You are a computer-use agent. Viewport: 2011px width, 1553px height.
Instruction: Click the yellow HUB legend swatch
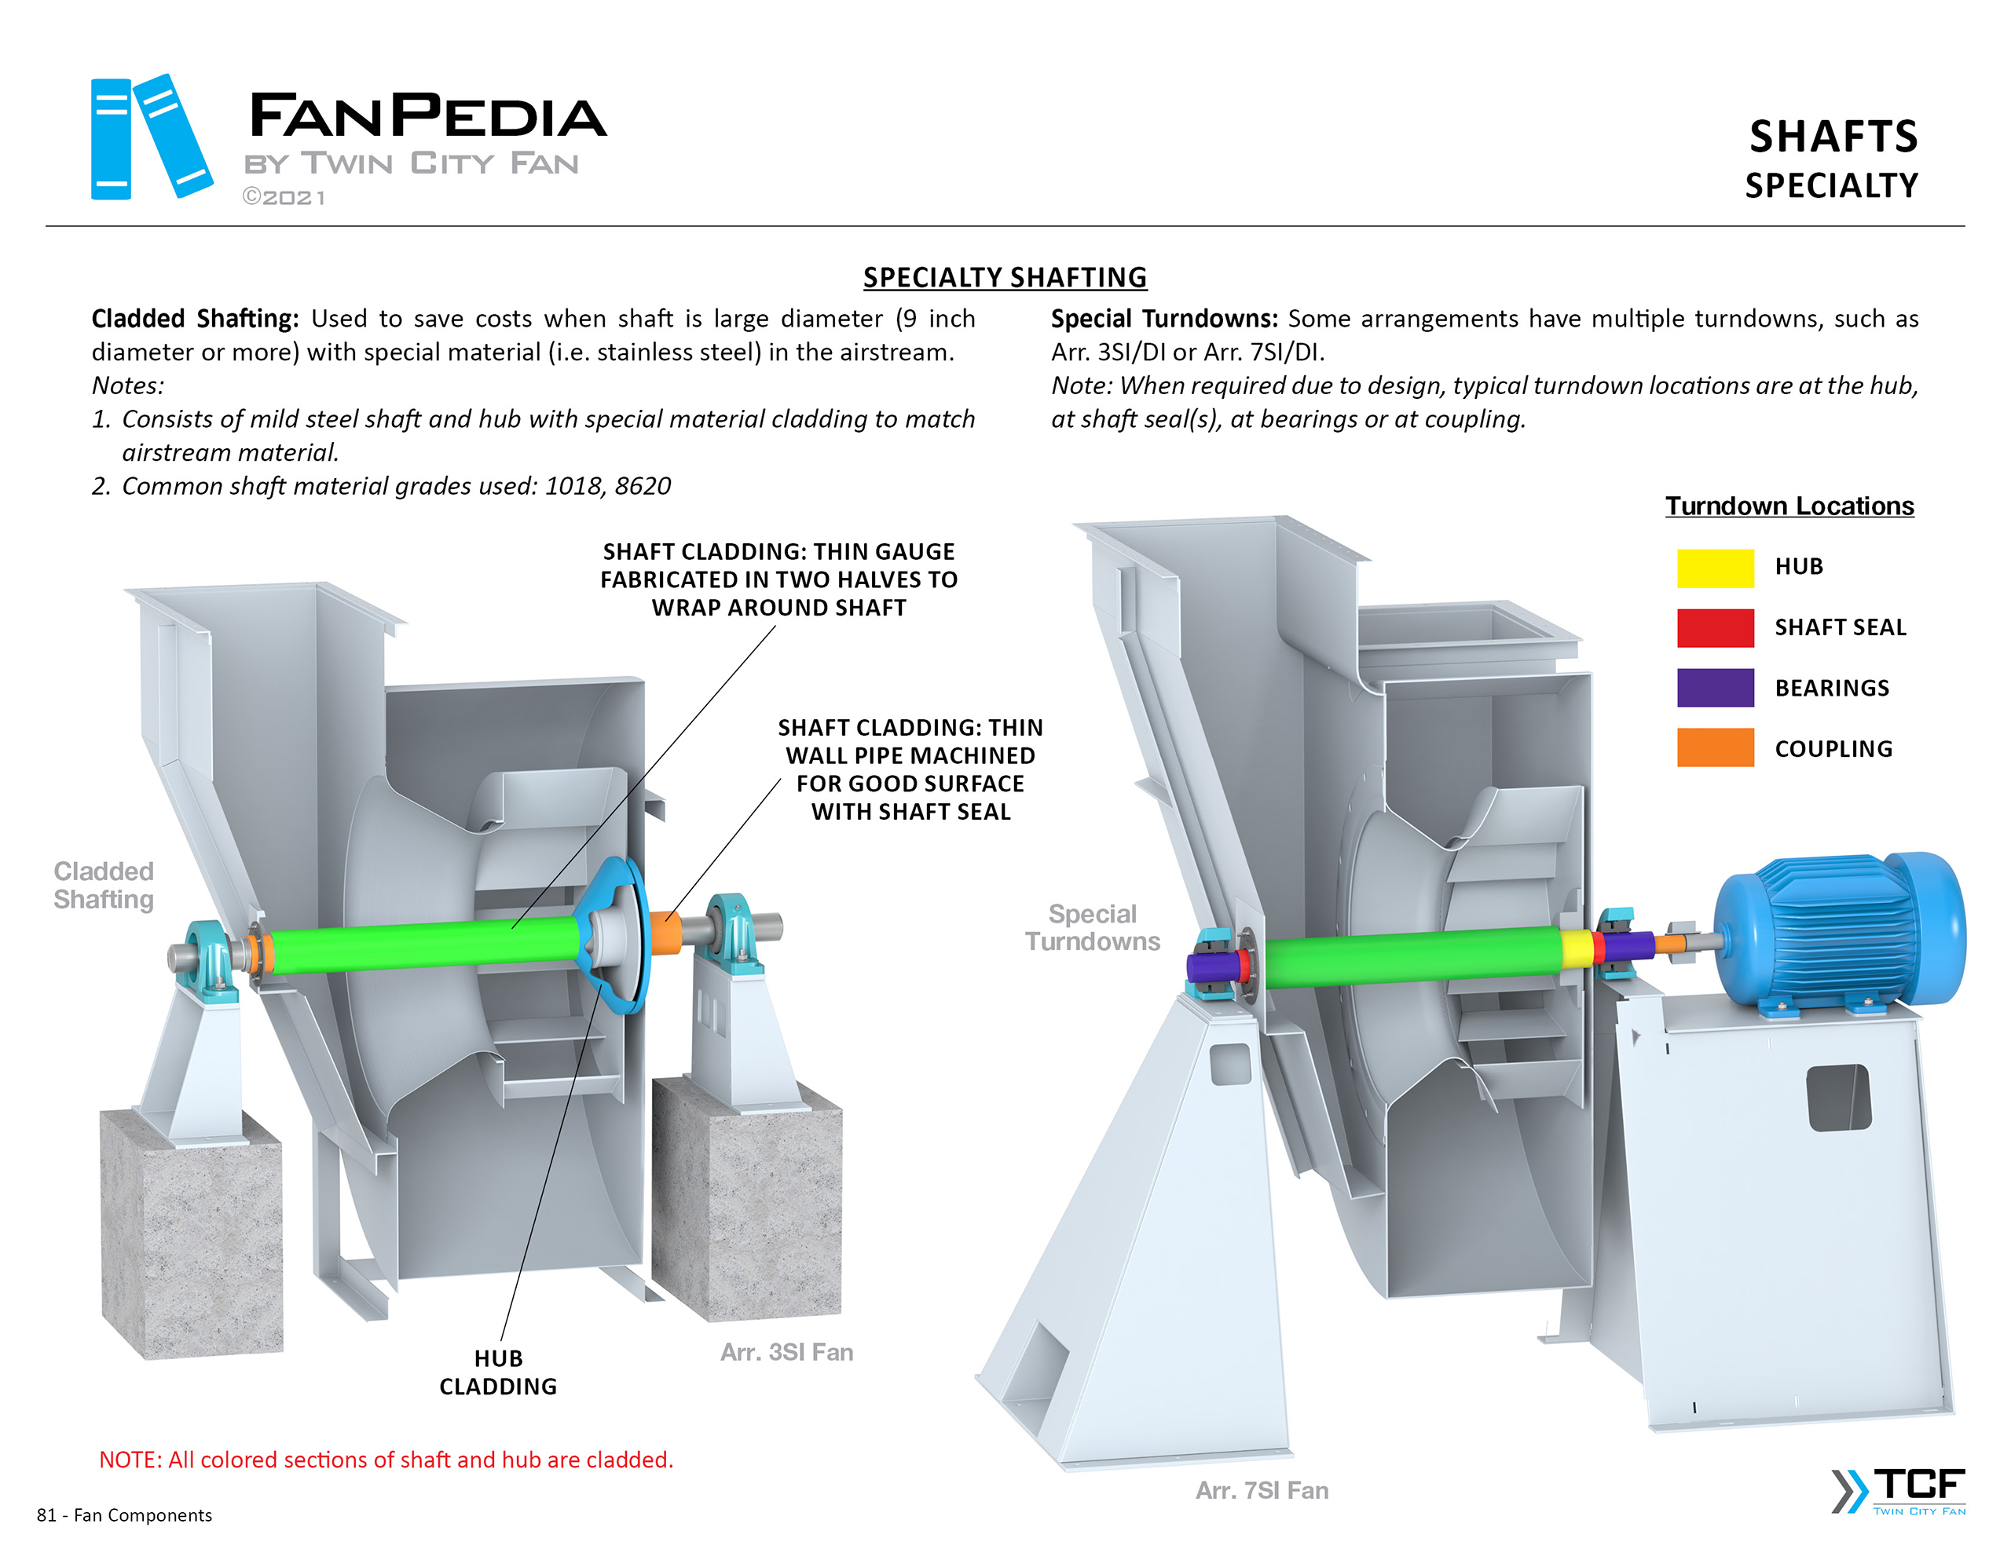click(1715, 567)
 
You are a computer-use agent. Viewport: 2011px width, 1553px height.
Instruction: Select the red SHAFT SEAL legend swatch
click(1715, 628)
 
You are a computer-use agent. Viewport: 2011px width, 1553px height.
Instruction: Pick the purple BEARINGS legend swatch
click(1715, 688)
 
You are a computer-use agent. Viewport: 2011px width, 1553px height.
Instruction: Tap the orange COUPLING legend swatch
click(1715, 747)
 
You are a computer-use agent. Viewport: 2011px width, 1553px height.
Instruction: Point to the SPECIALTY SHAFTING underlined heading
click(1005, 277)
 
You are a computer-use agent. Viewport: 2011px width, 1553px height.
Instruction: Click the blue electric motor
click(1837, 930)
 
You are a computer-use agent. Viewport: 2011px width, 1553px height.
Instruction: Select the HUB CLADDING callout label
click(498, 1372)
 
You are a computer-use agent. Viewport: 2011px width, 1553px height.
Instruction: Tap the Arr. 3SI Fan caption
click(786, 1351)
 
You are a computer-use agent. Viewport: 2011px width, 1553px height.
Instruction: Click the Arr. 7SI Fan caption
click(1262, 1489)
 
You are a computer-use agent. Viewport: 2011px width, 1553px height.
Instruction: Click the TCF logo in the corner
click(1899, 1490)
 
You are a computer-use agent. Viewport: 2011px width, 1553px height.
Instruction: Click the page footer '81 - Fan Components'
click(124, 1515)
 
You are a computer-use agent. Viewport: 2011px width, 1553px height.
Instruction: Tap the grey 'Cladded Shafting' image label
click(103, 885)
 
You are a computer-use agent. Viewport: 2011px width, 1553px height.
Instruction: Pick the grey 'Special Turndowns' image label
click(1092, 927)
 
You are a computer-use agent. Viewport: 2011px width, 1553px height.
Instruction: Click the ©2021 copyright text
click(284, 197)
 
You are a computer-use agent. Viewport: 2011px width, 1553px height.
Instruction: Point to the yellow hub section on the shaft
click(1577, 948)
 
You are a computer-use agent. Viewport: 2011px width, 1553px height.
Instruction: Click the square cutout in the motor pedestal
click(1839, 1098)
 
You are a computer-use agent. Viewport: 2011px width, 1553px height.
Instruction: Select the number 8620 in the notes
click(643, 485)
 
